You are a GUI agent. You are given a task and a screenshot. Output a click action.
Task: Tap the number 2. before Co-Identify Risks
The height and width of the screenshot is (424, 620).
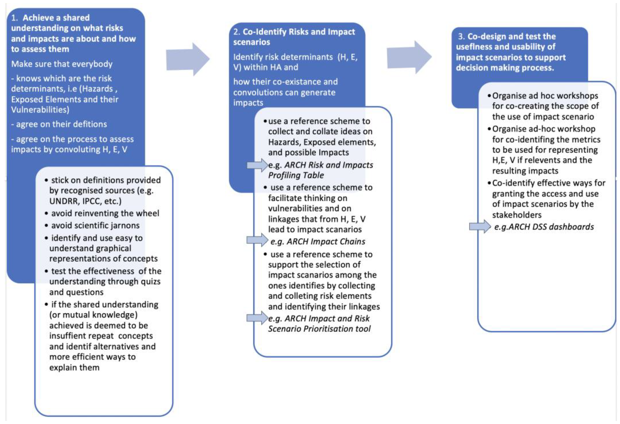[237, 32]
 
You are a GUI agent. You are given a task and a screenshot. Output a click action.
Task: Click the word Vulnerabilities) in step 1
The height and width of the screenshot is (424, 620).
[40, 110]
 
